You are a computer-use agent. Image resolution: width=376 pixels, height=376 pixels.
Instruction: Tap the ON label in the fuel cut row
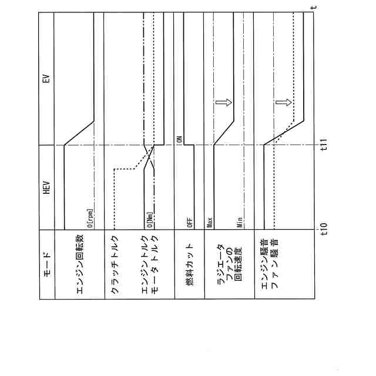coord(180,139)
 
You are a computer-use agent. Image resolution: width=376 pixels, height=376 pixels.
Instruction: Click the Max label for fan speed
coord(210,223)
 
